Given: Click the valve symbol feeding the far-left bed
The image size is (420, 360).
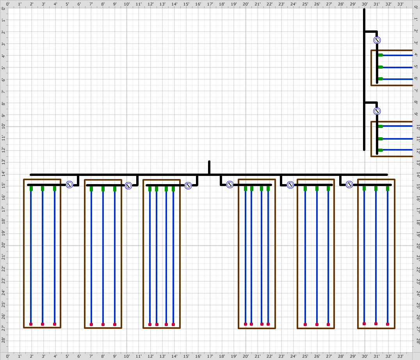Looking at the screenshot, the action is pyautogui.click(x=69, y=185).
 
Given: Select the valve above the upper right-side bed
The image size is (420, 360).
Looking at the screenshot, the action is pyautogui.click(x=377, y=40).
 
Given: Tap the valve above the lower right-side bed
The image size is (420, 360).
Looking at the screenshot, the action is pyautogui.click(x=377, y=111).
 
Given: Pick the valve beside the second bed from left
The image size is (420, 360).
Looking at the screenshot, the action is pyautogui.click(x=128, y=186).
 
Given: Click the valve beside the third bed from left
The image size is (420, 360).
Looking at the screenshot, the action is pyautogui.click(x=188, y=186).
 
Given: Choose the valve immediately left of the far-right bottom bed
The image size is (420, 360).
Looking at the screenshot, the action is pyautogui.click(x=349, y=184).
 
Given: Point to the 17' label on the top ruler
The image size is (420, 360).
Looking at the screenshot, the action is pyautogui.click(x=210, y=4).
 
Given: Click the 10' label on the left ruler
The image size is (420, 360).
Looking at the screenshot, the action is pyautogui.click(x=4, y=126).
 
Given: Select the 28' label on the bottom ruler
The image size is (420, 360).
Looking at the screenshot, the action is pyautogui.click(x=341, y=356).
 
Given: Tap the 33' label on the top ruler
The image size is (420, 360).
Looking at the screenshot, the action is pyautogui.click(x=400, y=4).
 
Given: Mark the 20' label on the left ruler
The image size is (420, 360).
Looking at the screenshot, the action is pyautogui.click(x=4, y=245).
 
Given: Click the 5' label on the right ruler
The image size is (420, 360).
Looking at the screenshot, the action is pyautogui.click(x=416, y=66).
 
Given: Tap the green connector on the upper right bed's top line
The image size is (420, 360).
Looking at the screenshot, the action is pyautogui.click(x=380, y=55).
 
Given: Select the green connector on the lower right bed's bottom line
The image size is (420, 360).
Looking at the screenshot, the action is pyautogui.click(x=380, y=150).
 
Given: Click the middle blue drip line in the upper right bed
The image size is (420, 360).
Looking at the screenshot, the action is pyautogui.click(x=397, y=67).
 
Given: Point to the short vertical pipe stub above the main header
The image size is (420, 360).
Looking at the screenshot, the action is pyautogui.click(x=209, y=168).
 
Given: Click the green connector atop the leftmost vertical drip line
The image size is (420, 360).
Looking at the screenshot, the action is pyautogui.click(x=31, y=188).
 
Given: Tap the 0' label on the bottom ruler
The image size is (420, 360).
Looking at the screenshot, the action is pyautogui.click(x=8, y=356).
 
